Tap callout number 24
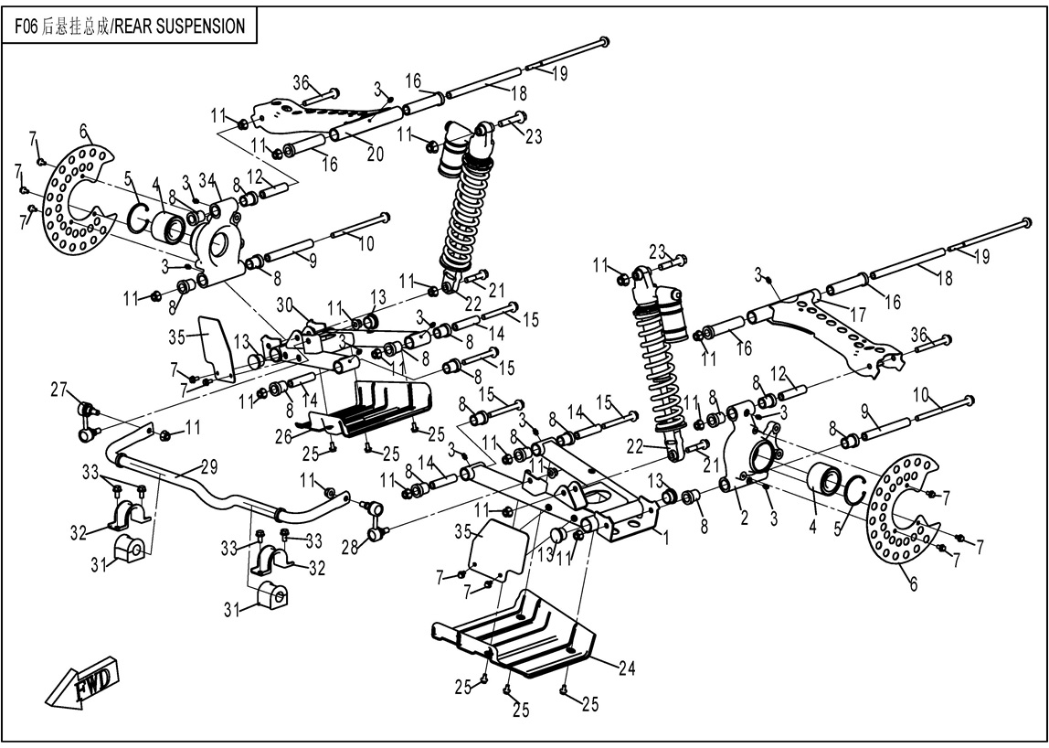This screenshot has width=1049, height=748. [625, 668]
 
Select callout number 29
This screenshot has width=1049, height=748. [209, 467]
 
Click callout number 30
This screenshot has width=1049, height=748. [283, 305]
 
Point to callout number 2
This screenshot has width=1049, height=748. [744, 518]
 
